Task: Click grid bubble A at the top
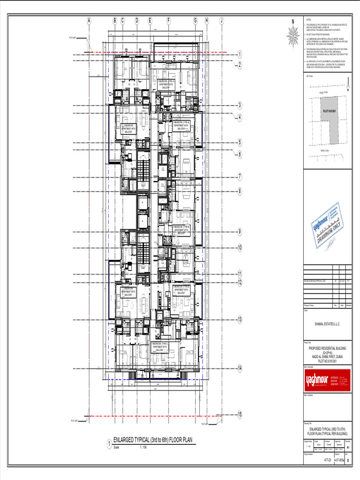coord(89,21)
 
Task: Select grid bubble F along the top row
coord(168,21)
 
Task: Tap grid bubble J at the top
coord(221,21)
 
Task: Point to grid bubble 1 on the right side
coord(240,55)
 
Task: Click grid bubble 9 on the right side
coord(240,232)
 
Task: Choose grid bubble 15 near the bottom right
coord(240,415)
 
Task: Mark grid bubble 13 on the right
coord(240,320)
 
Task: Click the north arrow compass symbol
coord(293,34)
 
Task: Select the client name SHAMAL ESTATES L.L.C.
coord(327,324)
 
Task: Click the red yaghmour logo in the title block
coord(327,379)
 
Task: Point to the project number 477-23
coord(328,461)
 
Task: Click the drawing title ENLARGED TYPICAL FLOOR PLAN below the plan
coord(153,440)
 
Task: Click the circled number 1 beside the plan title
coord(109,444)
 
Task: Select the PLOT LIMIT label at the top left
coord(73,37)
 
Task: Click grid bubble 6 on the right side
coord(240,154)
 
